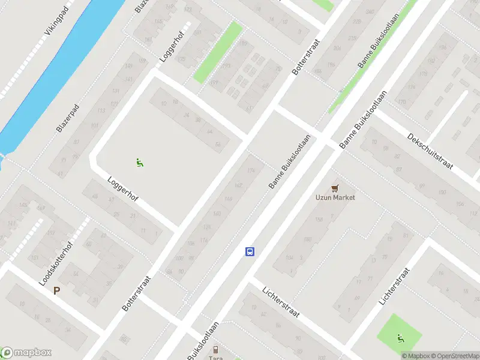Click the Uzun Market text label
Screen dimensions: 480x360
(335, 197)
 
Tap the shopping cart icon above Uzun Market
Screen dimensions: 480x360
(335, 188)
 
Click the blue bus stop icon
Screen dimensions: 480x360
(250, 251)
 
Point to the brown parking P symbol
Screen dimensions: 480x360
(57, 291)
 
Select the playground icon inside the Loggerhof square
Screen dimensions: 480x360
(139, 161)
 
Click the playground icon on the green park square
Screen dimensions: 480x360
(400, 338)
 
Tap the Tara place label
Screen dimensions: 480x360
(215, 358)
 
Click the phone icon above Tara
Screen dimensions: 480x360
(215, 349)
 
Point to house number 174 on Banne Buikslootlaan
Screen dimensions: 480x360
(251, 171)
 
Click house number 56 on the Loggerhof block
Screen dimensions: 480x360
(218, 145)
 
